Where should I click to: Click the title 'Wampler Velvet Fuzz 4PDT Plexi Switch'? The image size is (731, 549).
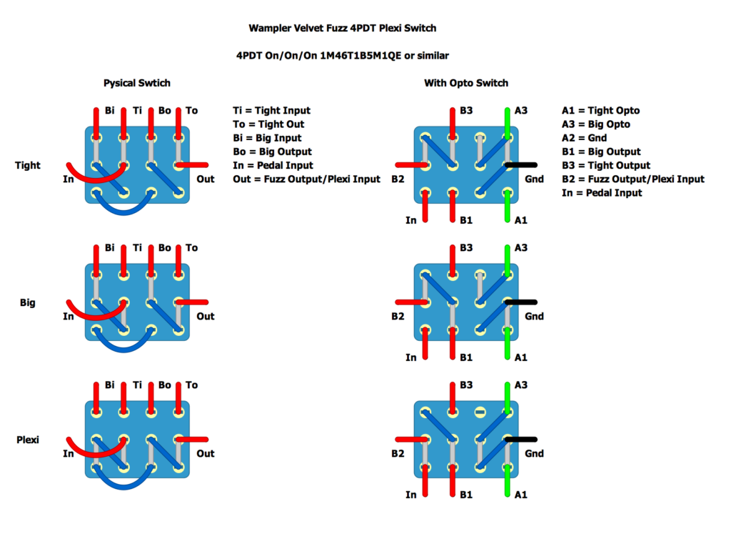[x=342, y=29]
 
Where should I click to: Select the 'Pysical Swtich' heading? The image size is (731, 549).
[x=137, y=83]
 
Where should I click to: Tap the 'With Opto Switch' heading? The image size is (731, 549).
[x=466, y=83]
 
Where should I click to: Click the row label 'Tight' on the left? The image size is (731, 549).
[x=28, y=165]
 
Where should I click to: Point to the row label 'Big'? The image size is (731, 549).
[x=28, y=302]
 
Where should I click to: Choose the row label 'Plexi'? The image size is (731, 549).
[x=28, y=440]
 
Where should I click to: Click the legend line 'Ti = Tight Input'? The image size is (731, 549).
[x=271, y=110]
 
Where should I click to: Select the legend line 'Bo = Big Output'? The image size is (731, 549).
[x=272, y=152]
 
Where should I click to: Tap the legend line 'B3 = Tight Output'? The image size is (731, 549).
[x=606, y=165]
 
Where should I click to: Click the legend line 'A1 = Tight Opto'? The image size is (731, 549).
[x=600, y=110]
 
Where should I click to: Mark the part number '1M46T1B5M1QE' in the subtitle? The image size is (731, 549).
[x=363, y=55]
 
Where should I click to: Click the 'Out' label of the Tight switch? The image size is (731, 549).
[x=206, y=179]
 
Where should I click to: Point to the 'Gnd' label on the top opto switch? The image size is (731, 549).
[x=535, y=179]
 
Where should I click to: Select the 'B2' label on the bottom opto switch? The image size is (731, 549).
[x=398, y=453]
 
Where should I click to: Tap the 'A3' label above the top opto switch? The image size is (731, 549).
[x=520, y=110]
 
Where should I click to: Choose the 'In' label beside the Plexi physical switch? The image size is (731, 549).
[x=69, y=453]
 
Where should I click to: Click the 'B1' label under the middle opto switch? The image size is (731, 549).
[x=466, y=357]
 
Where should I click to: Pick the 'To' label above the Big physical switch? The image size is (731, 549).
[x=191, y=247]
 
